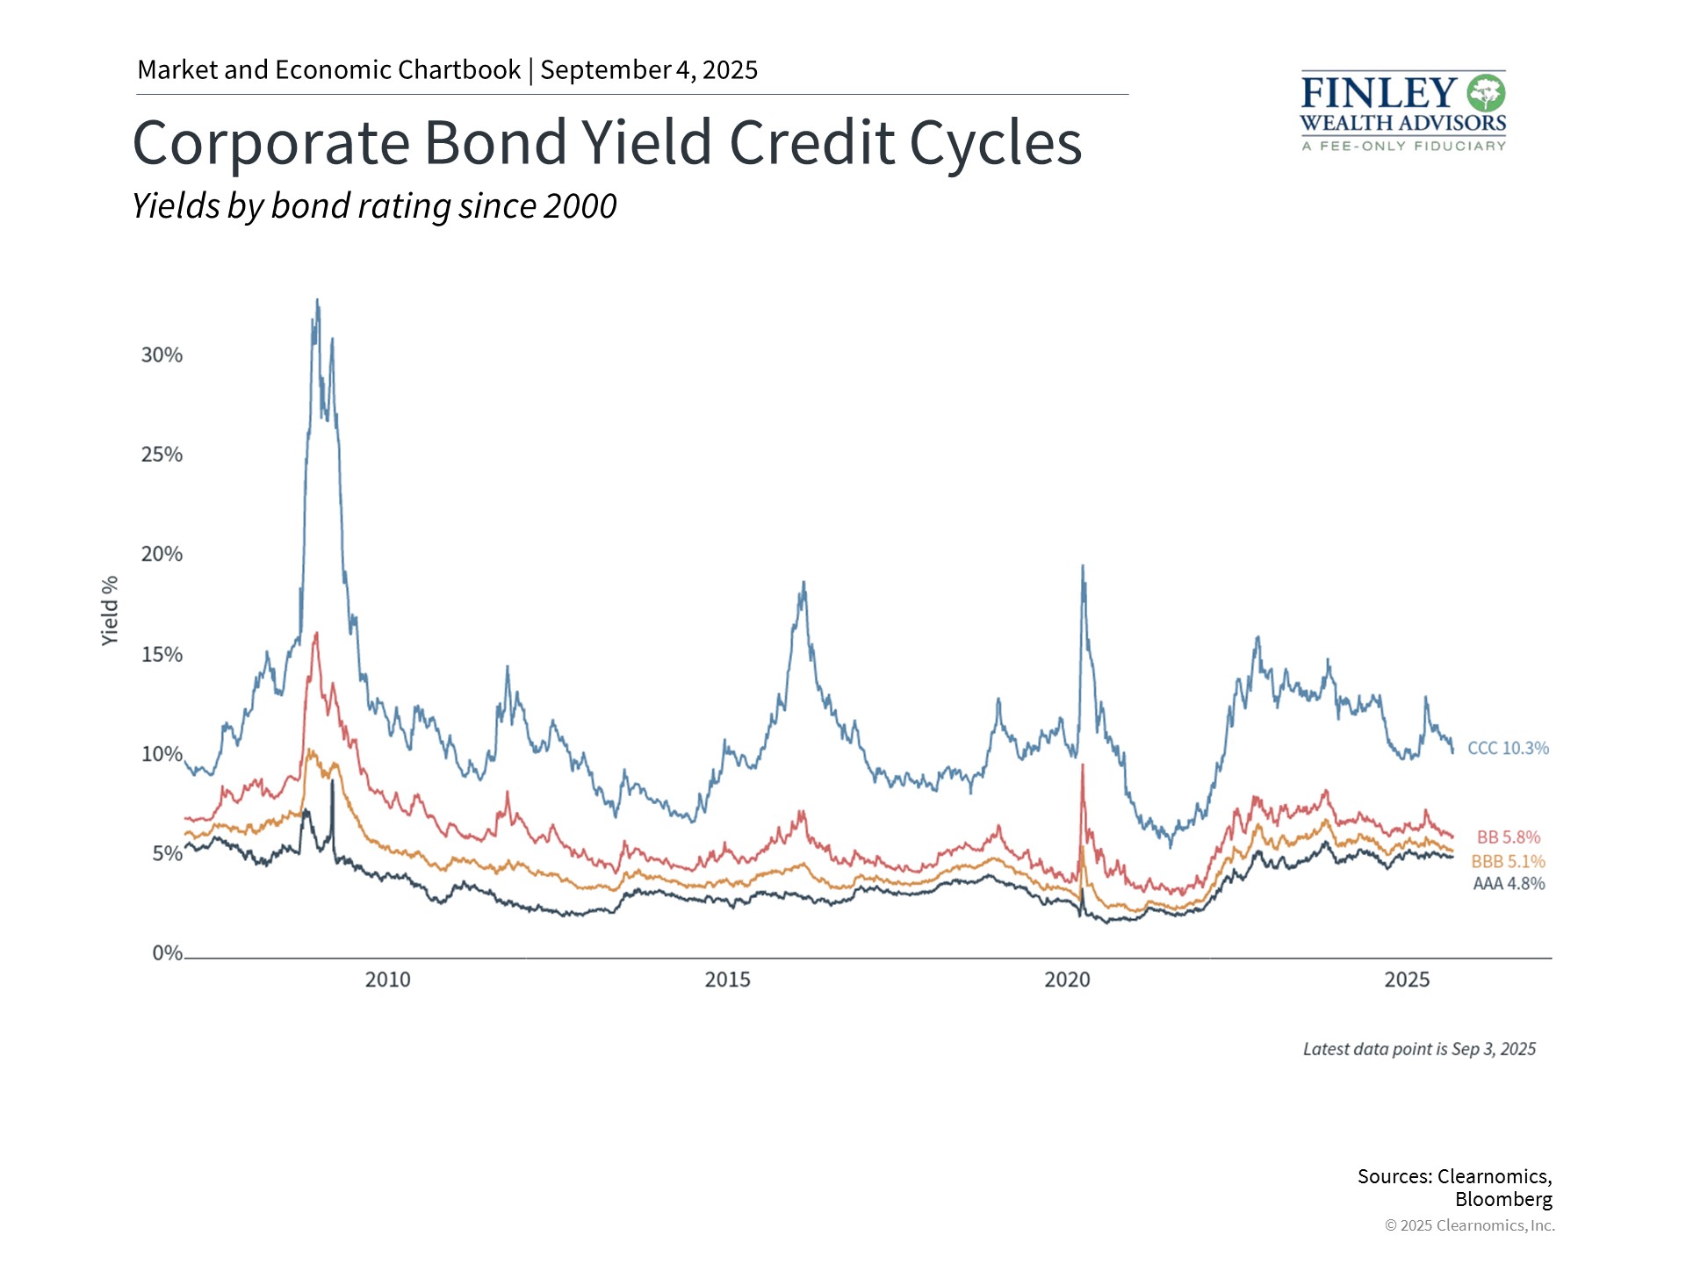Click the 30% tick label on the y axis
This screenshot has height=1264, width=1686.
162,355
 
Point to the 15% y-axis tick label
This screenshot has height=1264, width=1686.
162,654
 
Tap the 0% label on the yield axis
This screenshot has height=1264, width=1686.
167,953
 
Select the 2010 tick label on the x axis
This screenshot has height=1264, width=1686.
387,980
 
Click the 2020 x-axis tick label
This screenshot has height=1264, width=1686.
1067,980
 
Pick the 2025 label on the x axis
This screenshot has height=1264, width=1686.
1407,980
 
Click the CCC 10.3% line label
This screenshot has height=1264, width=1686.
1508,748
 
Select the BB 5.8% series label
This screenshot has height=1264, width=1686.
1508,837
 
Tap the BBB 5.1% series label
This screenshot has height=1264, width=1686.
1508,862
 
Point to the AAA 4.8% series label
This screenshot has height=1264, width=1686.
1508,884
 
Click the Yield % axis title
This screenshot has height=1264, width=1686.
110,611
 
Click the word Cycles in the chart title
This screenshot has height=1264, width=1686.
995,143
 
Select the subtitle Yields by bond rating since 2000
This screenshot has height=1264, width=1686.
374,206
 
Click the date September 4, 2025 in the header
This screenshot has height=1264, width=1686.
649,70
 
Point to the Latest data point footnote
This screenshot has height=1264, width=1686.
1419,1049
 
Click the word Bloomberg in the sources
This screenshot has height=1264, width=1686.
1502,1199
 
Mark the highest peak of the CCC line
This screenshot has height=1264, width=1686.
317,300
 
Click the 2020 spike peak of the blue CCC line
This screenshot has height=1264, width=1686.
1082,566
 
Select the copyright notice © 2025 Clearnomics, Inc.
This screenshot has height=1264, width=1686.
1469,1225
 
